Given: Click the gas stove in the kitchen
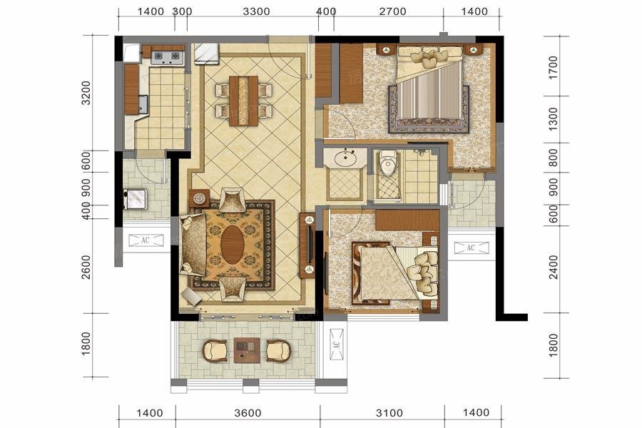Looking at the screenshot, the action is [x=167, y=57].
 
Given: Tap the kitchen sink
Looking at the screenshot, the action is [x=143, y=104].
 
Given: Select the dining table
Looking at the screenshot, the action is [x=243, y=101].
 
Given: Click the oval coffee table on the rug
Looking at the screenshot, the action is [x=232, y=245].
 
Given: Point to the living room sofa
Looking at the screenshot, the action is [x=193, y=245].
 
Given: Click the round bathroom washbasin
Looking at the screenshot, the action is [x=345, y=158].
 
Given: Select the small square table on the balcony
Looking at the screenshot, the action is [x=247, y=350].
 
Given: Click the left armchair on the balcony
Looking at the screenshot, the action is [x=215, y=350].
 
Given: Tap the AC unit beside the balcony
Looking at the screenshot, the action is [x=337, y=345].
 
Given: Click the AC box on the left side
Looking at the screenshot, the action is [x=146, y=240].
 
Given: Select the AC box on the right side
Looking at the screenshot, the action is [x=472, y=248].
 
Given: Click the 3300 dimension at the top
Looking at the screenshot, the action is [x=256, y=11].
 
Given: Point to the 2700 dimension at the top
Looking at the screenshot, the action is [x=392, y=11].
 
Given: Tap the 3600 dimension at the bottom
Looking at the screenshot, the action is [x=248, y=413].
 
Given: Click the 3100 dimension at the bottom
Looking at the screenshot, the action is [x=389, y=413].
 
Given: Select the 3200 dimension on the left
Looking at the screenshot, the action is [x=86, y=93].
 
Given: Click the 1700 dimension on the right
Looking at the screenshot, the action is [x=553, y=68].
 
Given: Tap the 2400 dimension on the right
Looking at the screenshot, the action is [x=553, y=267].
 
